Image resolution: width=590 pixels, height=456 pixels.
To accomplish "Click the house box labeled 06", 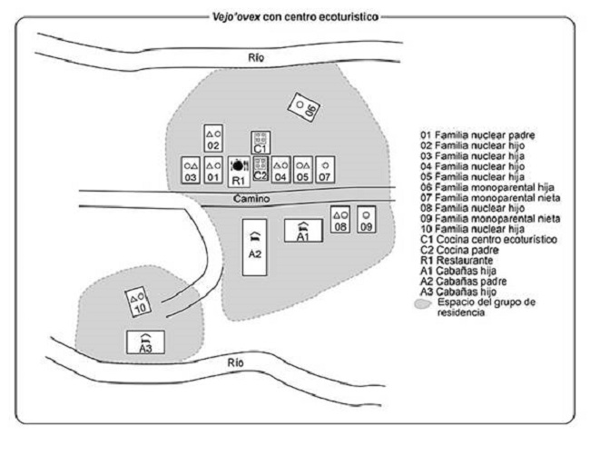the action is (x=304, y=107).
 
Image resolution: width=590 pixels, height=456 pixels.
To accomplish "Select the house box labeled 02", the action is (x=213, y=138).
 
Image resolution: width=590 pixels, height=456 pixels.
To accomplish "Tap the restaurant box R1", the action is (x=239, y=172).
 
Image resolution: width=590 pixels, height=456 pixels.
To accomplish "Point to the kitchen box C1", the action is (x=261, y=143).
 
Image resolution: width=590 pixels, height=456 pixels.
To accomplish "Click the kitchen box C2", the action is (x=261, y=169).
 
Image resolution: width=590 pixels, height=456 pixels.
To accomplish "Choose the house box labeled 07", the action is (x=325, y=170).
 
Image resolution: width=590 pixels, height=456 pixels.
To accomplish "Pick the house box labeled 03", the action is (x=191, y=170).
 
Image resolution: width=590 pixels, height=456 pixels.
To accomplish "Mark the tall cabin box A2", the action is (x=255, y=247).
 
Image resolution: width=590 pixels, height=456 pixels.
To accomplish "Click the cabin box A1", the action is (x=303, y=230).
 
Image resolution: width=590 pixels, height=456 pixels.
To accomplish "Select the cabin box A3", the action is (x=145, y=342).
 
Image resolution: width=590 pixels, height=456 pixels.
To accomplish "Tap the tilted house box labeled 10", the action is (x=138, y=302).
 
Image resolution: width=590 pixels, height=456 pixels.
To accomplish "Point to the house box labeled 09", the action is (x=367, y=220).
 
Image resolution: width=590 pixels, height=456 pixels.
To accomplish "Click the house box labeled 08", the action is (x=340, y=220).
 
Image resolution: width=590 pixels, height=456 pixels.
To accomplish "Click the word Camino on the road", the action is (x=251, y=198).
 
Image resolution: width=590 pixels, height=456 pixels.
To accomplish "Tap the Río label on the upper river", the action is (x=256, y=57).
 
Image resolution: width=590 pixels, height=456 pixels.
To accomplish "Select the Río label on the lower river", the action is (x=235, y=362).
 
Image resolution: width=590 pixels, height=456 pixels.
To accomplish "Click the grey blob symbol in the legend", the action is (x=423, y=304).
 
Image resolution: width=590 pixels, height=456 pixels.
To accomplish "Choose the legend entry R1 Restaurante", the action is (x=457, y=260).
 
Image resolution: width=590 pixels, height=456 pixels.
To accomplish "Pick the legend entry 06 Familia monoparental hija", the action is (x=487, y=187).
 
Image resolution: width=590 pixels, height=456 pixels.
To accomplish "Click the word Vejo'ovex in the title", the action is (x=236, y=17).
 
